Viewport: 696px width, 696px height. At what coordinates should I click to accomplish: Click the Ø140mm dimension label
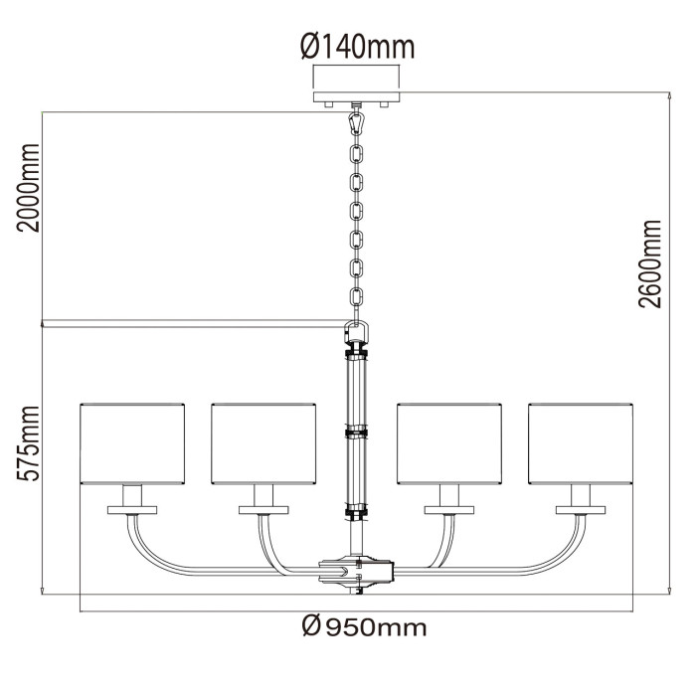pyautogui.click(x=356, y=46)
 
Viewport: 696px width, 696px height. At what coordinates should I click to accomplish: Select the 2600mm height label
pyautogui.click(x=650, y=262)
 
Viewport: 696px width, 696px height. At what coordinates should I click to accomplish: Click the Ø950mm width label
pyautogui.click(x=362, y=626)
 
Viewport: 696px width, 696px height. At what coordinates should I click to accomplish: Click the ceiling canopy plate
pyautogui.click(x=357, y=97)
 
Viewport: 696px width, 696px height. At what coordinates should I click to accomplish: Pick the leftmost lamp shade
pyautogui.click(x=132, y=442)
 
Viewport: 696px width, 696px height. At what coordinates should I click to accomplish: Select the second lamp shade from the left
pyautogui.click(x=262, y=442)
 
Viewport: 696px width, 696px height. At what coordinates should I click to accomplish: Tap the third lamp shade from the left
pyautogui.click(x=448, y=442)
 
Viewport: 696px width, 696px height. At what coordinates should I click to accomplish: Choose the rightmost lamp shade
pyautogui.click(x=581, y=442)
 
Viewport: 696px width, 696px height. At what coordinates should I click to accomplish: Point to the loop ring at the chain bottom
pyautogui.click(x=357, y=331)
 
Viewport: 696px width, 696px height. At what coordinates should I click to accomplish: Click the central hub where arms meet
pyautogui.click(x=356, y=572)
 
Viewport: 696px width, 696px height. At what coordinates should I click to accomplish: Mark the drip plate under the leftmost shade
pyautogui.click(x=132, y=509)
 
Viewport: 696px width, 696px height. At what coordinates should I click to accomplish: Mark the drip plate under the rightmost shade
pyautogui.click(x=581, y=509)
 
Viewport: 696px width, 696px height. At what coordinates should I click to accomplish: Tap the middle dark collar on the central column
pyautogui.click(x=356, y=433)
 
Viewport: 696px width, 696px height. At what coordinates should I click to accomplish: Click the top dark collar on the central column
pyautogui.click(x=356, y=350)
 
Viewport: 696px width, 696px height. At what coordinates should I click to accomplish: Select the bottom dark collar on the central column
pyautogui.click(x=356, y=514)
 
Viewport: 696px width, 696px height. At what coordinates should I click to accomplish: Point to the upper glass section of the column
pyautogui.click(x=356, y=392)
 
